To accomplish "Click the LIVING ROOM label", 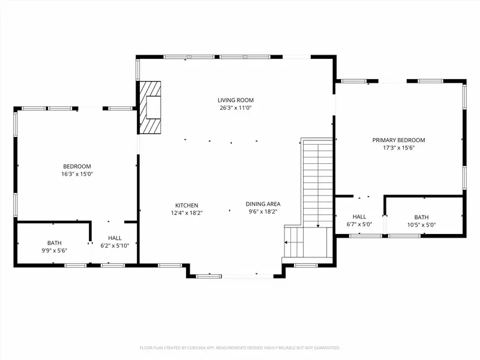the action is click(x=236, y=100).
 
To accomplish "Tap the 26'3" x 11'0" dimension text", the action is click(x=236, y=108).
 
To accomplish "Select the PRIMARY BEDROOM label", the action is click(x=398, y=140).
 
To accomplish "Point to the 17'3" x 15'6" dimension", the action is click(x=398, y=148).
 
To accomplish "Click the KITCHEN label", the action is click(x=187, y=205).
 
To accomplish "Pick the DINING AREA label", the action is click(x=263, y=204).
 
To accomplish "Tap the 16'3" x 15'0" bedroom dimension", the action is click(x=77, y=174).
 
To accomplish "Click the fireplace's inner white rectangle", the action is click(x=154, y=107).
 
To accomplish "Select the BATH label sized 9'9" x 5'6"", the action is click(x=55, y=243).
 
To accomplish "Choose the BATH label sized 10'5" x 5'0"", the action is click(x=422, y=217).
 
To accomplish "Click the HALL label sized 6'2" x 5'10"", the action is click(x=115, y=238).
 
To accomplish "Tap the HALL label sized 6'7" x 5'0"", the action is click(x=359, y=217).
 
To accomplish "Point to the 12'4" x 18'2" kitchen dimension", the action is click(x=187, y=213).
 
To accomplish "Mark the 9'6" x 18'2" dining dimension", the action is click(x=263, y=212).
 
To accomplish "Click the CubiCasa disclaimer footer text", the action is click(x=240, y=348).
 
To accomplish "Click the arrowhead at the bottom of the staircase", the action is click(x=318, y=226).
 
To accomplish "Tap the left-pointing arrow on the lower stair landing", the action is click(x=286, y=242).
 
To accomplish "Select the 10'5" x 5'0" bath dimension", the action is click(x=422, y=225).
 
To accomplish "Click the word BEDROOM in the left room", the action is click(x=77, y=167).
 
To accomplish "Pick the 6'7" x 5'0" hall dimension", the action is click(x=359, y=224).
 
